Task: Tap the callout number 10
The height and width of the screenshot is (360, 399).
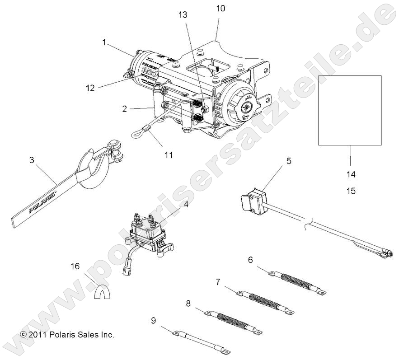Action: click(221, 9)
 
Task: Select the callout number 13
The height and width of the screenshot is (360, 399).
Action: click(183, 14)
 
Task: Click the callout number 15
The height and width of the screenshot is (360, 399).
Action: click(350, 191)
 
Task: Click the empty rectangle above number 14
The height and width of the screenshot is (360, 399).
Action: click(350, 110)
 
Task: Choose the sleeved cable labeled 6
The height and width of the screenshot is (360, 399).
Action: click(296, 281)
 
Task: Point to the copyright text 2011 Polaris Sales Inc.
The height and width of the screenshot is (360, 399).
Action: click(67, 335)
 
